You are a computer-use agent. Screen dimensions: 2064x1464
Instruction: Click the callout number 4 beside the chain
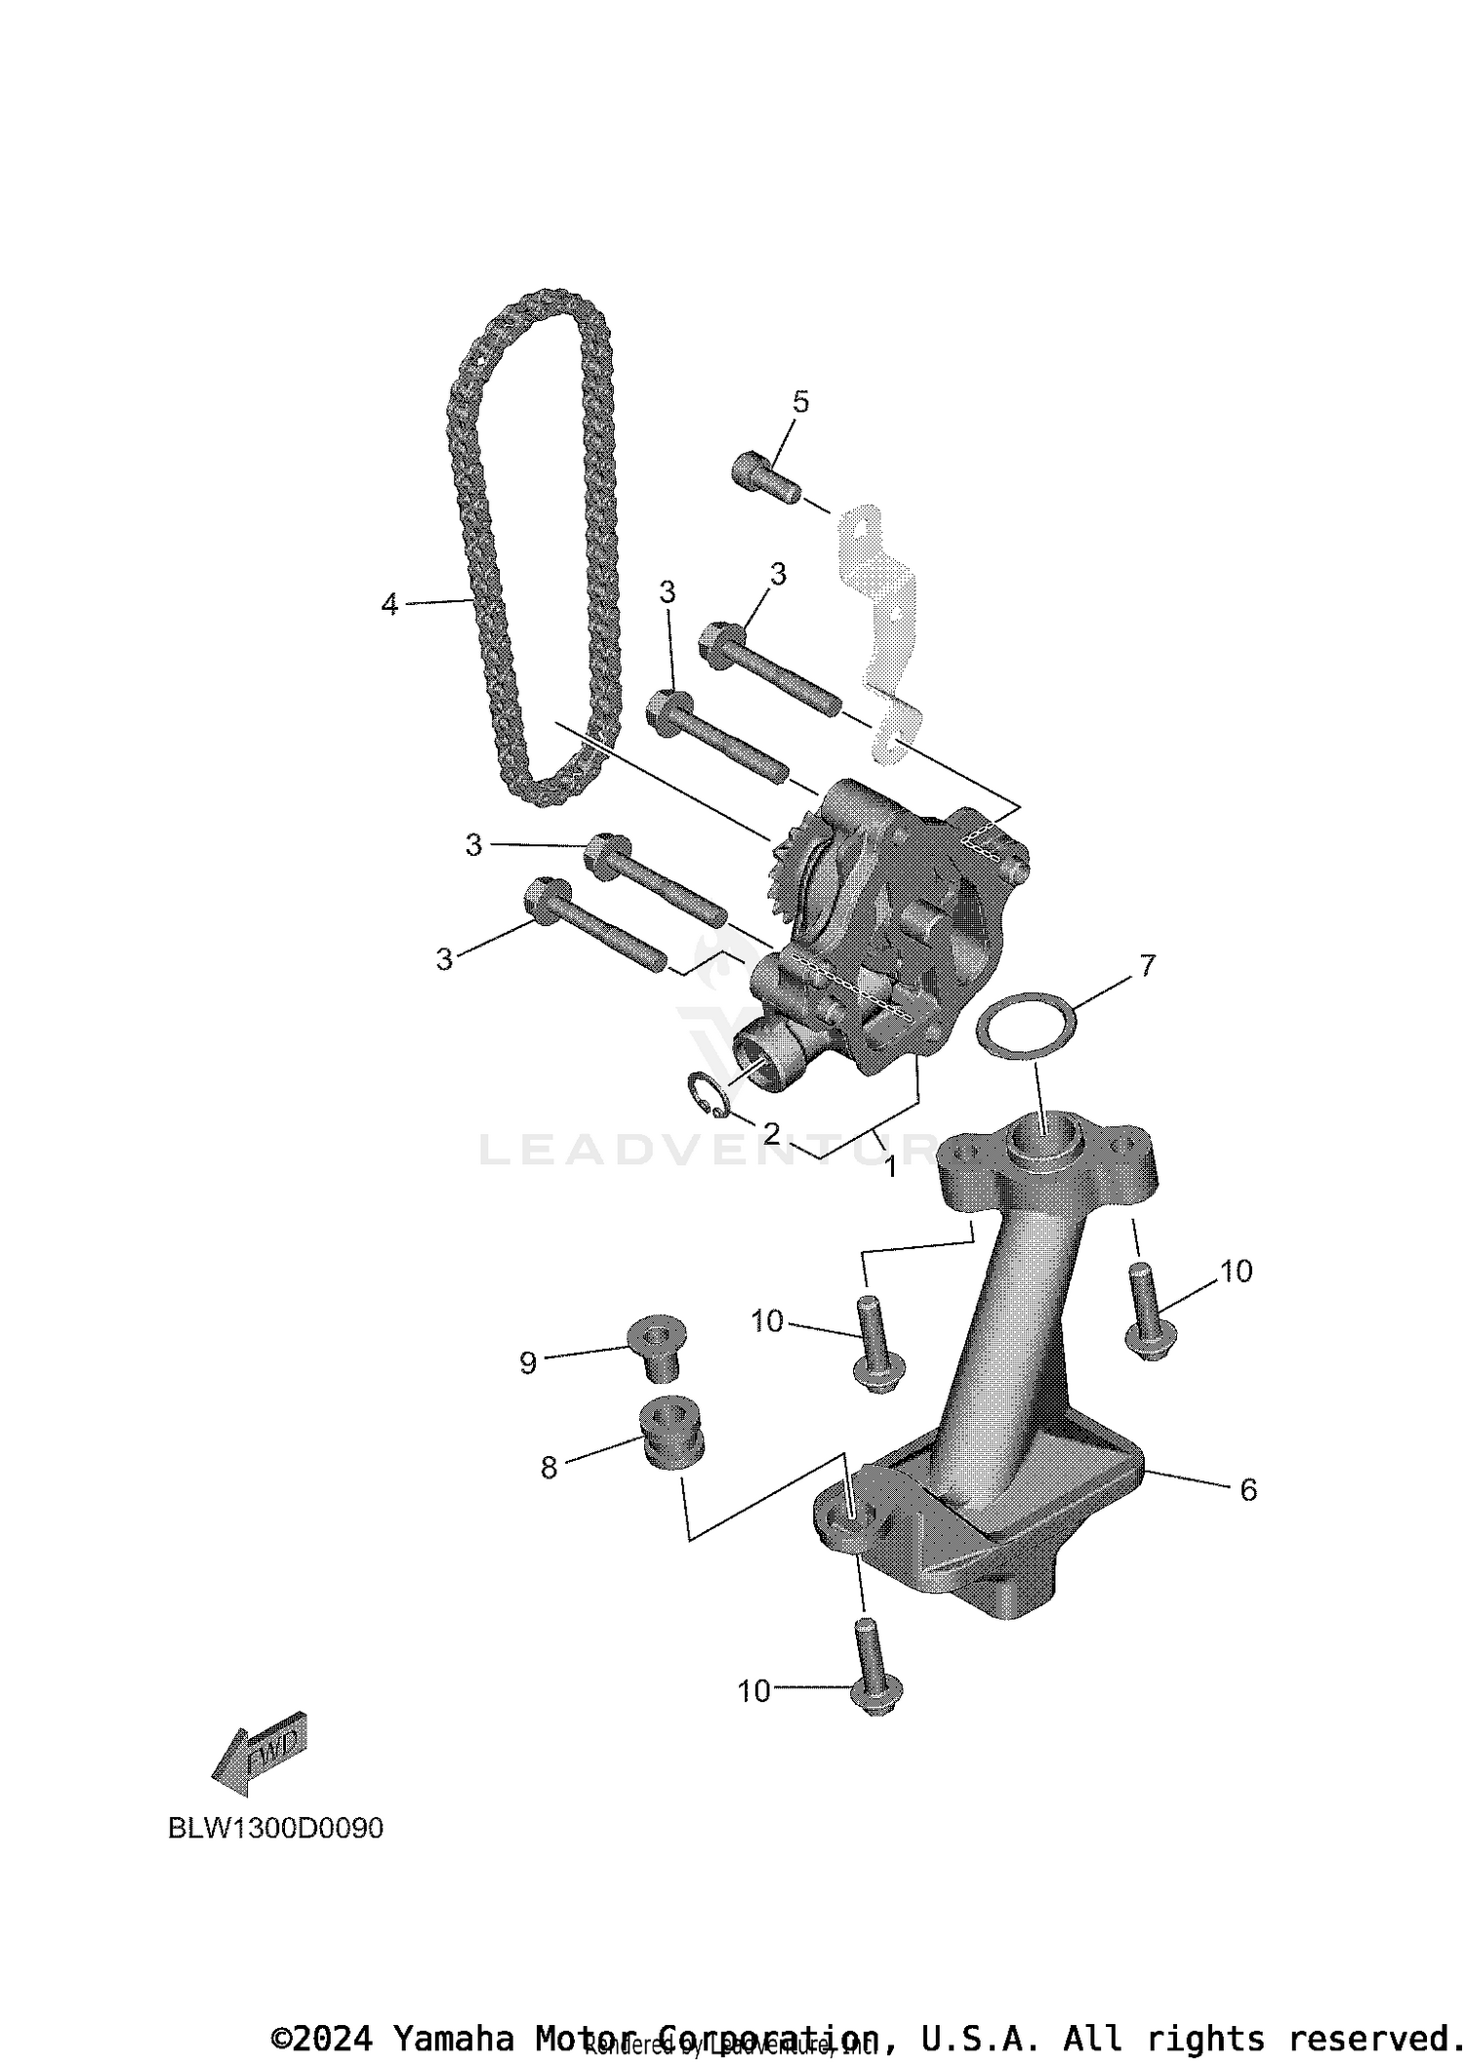(x=389, y=605)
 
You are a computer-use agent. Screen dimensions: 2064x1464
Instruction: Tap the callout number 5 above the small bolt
(x=800, y=402)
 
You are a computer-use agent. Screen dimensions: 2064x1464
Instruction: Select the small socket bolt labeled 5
(x=764, y=478)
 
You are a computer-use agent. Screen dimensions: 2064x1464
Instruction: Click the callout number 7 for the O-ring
(x=1147, y=966)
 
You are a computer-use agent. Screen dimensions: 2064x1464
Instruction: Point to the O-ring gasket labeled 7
(x=1026, y=1024)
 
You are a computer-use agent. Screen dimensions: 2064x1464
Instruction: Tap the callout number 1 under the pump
(x=890, y=1165)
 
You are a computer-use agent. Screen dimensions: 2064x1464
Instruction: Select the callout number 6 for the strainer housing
(x=1247, y=1490)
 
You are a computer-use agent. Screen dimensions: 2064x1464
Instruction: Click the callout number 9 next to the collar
(x=528, y=1363)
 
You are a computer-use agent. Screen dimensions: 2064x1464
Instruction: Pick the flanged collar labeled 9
(x=657, y=1344)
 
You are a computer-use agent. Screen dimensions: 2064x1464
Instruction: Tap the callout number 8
(x=549, y=1468)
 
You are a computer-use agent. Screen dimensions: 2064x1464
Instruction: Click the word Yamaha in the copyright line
(x=452, y=2038)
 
